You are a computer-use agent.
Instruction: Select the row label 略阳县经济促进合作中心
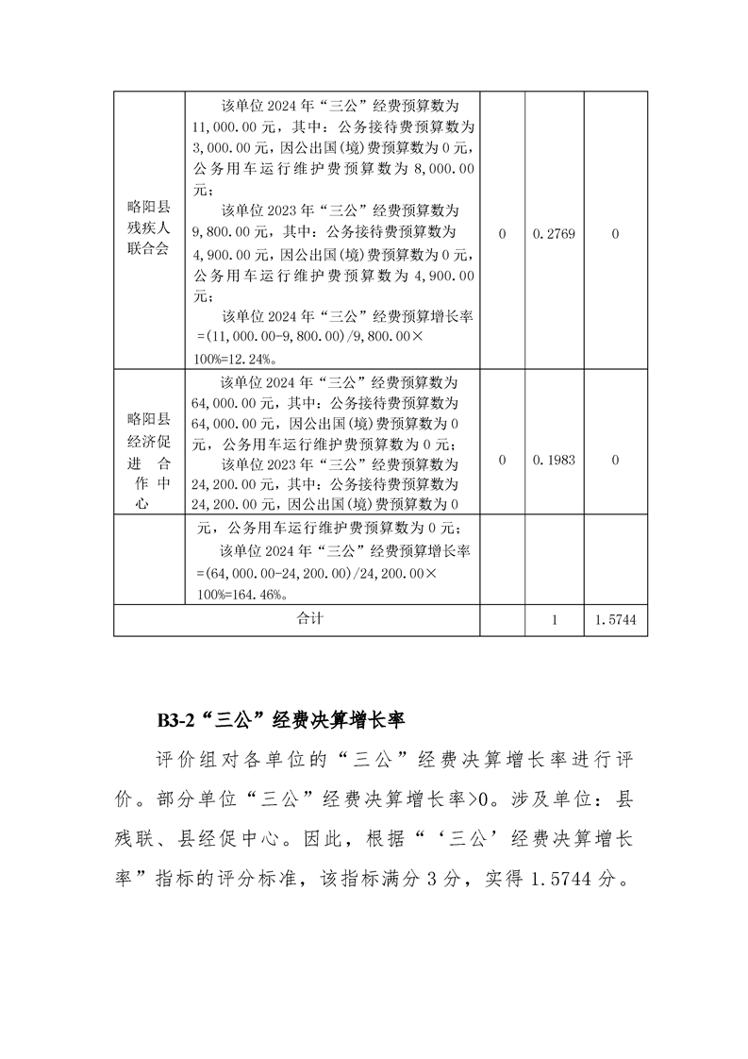(148, 461)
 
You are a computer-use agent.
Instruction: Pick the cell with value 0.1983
(554, 461)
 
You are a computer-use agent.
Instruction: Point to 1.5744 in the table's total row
(615, 620)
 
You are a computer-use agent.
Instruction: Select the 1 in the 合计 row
(555, 620)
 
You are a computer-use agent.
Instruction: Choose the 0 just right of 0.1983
(615, 461)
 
